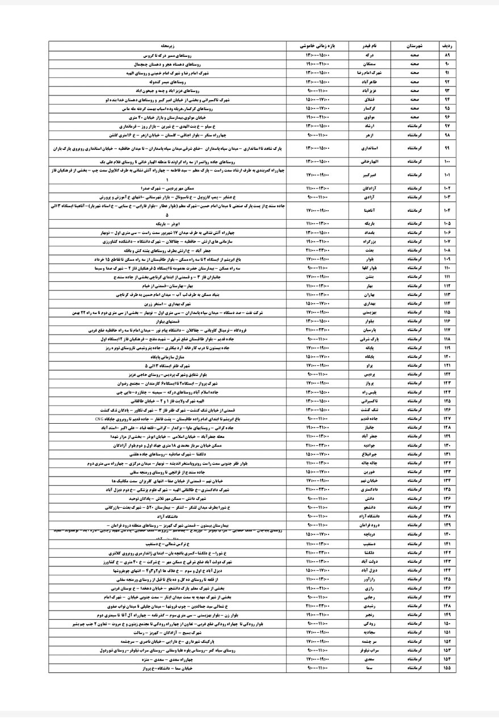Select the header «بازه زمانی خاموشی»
(318, 45)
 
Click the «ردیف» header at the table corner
(447, 45)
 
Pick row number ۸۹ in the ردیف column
(447, 56)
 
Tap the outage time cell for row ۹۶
(318, 116)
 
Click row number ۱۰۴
(447, 212)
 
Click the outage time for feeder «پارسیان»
(318, 329)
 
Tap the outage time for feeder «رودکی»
(318, 624)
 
